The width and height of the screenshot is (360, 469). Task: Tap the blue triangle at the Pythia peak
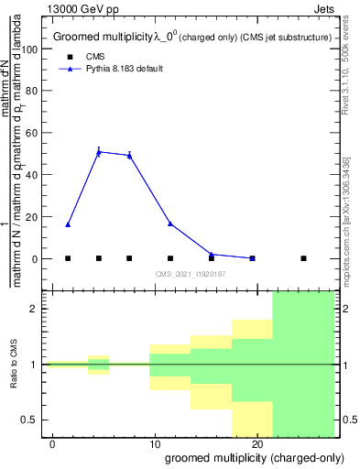tap(98, 152)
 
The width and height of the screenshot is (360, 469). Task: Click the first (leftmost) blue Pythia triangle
tap(68, 224)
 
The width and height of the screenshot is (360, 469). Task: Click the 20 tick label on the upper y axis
tap(34, 217)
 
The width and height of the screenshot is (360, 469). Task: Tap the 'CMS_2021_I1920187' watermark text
tap(191, 274)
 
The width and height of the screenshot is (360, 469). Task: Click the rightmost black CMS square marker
tap(303, 258)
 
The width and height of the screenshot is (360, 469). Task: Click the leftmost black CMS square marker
tap(68, 258)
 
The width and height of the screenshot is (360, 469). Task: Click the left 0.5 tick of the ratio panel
tap(35, 420)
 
